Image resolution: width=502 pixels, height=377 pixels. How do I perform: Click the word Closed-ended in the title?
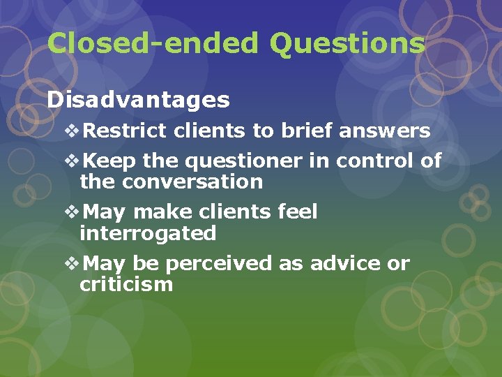153,43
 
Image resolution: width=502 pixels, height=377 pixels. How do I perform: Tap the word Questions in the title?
347,43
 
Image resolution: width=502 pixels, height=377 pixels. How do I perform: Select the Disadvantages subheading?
138,100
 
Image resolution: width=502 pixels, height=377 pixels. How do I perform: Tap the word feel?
296,212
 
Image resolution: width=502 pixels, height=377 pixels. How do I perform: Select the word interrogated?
148,233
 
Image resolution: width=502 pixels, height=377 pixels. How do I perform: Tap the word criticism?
126,284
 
